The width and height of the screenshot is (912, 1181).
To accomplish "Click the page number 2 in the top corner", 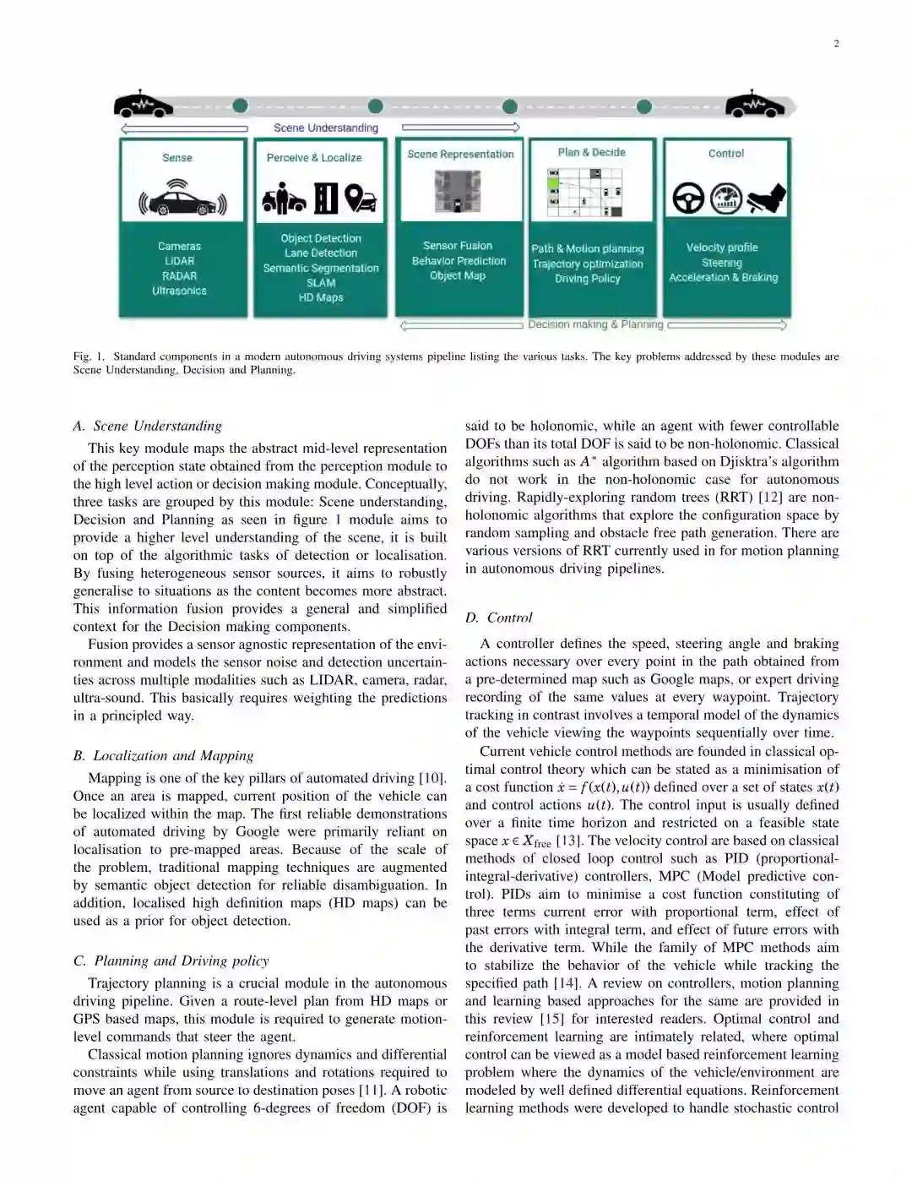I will point(836,44).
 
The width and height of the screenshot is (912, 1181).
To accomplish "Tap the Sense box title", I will point(177,158).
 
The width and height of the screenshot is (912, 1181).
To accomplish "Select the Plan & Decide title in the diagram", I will point(591,152).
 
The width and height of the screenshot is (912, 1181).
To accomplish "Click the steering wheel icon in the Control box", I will point(688,199).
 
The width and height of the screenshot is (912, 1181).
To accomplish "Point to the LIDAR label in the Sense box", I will point(179,261).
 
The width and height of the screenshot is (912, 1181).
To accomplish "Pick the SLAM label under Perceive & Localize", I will point(321,283).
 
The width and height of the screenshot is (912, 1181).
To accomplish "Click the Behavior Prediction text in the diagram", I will point(459,261).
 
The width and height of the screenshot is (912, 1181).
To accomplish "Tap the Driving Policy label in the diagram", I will point(588,279).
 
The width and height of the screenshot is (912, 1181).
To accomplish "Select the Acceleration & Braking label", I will point(723,277).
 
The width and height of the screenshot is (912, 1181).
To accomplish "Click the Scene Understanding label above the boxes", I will point(326,128).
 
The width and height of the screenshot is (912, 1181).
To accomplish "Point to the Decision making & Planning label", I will point(595,324).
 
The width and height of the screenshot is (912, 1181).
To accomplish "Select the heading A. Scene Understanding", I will point(148,426).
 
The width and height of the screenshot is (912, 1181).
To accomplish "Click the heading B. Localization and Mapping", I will point(163,755).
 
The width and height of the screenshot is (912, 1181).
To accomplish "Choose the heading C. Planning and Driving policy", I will point(171,961).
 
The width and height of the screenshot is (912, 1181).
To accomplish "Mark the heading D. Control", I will point(499,618).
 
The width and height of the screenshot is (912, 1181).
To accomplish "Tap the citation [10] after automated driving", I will point(432,778).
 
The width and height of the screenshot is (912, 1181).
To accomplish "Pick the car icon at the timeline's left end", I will point(143,105).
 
